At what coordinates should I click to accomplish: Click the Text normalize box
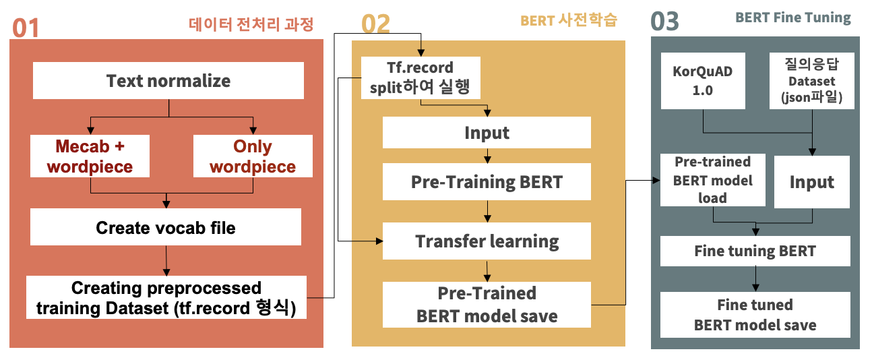(168, 82)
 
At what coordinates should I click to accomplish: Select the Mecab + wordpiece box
(90, 156)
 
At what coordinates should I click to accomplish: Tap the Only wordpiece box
(253, 156)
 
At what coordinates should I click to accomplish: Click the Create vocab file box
(166, 227)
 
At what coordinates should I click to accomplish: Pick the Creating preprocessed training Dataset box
(166, 298)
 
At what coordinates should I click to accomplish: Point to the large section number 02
(375, 24)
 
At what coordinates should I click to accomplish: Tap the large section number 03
(664, 22)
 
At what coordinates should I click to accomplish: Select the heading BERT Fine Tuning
(792, 18)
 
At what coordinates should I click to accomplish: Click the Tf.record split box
(421, 77)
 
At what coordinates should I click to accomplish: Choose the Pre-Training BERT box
(487, 182)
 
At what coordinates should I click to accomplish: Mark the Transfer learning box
(487, 241)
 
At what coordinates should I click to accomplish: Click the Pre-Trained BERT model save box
(487, 304)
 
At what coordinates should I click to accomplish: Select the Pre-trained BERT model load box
(712, 180)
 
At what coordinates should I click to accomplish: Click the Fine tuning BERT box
(755, 251)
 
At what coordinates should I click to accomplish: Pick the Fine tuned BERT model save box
(755, 314)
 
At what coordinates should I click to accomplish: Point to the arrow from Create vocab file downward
(166, 260)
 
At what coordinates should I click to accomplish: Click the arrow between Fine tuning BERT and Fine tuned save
(755, 278)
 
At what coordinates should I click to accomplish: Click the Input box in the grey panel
(811, 182)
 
